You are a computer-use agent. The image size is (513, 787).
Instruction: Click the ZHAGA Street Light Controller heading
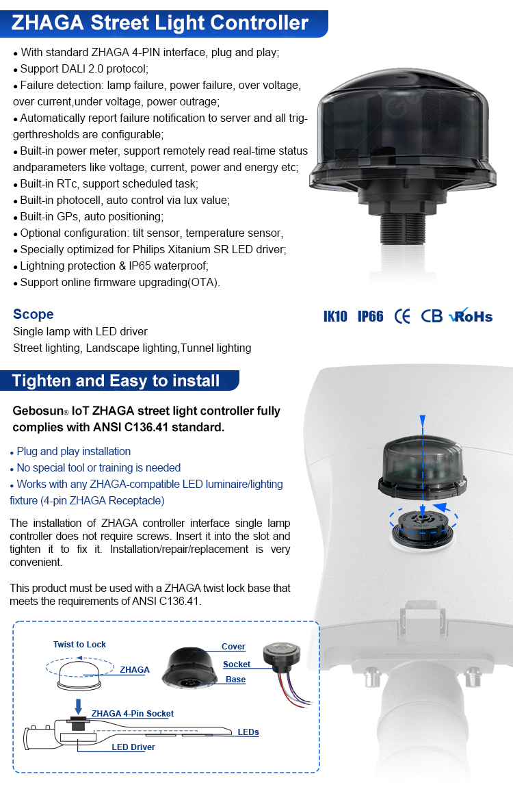(160, 23)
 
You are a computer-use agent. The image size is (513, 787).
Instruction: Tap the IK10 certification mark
(335, 316)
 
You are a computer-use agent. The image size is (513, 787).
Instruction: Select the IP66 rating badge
(370, 316)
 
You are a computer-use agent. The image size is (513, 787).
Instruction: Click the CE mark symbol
(402, 316)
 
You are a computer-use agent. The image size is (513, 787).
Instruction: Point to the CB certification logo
(432, 316)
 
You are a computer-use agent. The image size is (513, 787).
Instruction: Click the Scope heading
(33, 314)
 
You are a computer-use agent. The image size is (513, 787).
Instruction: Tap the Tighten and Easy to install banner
(116, 381)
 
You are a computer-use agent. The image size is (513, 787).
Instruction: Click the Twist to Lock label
(79, 645)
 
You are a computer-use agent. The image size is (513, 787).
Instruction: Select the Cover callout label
(233, 647)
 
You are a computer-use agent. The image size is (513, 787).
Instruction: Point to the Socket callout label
(237, 665)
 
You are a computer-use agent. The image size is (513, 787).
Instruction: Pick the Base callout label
(235, 680)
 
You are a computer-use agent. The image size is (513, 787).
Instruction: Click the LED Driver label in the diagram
(133, 747)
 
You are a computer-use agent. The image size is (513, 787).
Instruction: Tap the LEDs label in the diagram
(248, 732)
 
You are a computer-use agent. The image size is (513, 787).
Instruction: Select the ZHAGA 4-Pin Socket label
(133, 713)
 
